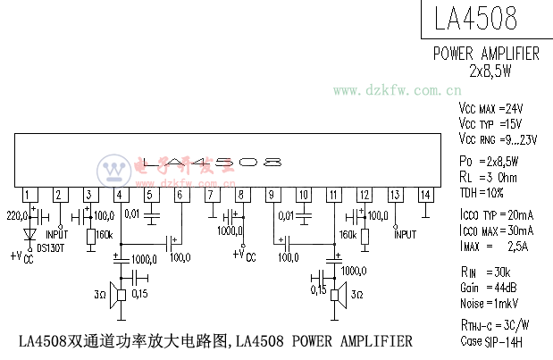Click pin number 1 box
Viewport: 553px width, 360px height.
point(29,195)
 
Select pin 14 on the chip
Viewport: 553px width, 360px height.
point(426,195)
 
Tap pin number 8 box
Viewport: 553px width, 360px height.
point(241,195)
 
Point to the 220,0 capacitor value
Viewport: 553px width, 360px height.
point(18,215)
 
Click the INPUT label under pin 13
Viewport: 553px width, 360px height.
point(406,234)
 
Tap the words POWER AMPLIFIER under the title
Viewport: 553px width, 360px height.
point(486,54)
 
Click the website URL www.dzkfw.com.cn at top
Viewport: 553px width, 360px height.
point(398,90)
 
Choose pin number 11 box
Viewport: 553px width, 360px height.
point(332,195)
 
